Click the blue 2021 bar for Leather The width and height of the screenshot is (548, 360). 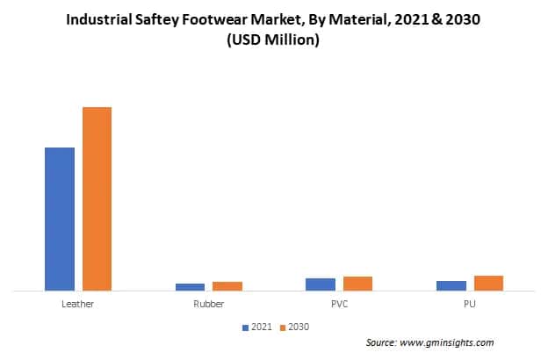[60, 219]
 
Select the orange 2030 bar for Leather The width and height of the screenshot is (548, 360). [97, 198]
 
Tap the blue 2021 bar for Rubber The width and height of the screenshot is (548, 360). [190, 286]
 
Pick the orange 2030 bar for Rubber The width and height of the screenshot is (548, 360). [227, 285]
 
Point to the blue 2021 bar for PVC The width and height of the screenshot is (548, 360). [321, 284]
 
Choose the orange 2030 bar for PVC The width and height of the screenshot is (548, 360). [357, 283]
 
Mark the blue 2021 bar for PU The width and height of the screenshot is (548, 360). [451, 285]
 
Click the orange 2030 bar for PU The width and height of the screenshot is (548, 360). [488, 283]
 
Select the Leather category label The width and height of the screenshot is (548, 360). [78, 304]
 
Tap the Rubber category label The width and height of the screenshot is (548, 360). [208, 304]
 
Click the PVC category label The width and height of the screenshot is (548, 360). [339, 304]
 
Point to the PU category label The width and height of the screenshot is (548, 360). [470, 304]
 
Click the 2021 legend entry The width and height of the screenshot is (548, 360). [257, 327]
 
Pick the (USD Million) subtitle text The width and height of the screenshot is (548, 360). [273, 41]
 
